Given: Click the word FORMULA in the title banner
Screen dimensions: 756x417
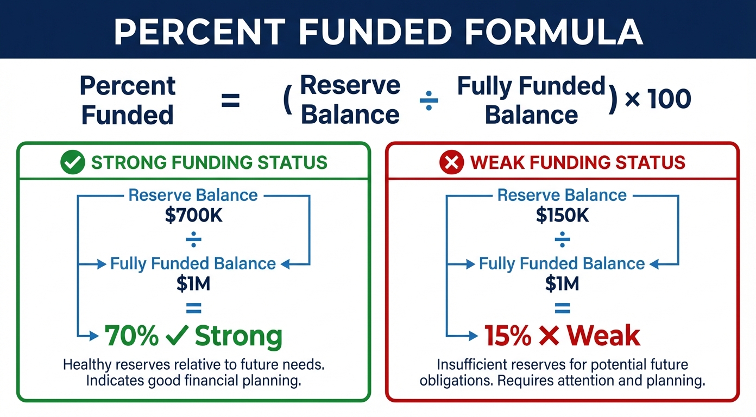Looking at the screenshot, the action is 553,31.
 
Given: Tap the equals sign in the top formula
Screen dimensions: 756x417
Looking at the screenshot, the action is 230,100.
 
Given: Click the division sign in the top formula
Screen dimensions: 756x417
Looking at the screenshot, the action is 429,100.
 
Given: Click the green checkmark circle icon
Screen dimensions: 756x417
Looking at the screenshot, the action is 73,162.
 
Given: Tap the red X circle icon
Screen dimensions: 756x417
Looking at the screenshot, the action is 451,162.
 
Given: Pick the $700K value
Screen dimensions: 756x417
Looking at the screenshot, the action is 194,215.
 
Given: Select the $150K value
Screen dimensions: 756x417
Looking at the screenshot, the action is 562,215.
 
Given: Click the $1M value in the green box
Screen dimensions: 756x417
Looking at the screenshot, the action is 193,283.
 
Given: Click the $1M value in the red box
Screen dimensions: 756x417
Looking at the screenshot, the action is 562,283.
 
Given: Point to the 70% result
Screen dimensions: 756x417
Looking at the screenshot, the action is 131,336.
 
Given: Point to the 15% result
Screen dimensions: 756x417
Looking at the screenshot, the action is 508,336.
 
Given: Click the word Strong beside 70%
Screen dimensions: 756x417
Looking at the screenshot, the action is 238,337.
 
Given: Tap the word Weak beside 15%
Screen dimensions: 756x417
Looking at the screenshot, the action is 603,336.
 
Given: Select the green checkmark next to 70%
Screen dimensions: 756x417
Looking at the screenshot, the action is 177,335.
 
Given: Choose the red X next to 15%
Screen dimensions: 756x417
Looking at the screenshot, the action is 549,336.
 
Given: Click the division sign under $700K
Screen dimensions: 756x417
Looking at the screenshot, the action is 194,239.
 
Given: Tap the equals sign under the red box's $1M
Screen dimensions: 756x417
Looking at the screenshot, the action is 562,308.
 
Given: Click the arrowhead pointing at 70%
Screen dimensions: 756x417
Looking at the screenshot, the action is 93,336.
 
